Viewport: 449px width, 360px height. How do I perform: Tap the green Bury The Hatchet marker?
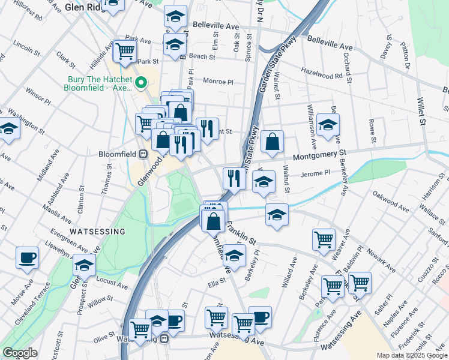pyautogui.click(x=141, y=83)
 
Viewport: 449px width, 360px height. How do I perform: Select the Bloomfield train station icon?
pyautogui.click(x=143, y=154)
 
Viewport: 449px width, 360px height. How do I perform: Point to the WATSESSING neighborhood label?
pyautogui.click(x=97, y=231)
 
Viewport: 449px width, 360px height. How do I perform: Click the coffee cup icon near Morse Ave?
pyautogui.click(x=27, y=258)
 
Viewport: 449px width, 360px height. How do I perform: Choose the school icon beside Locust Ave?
pyautogui.click(x=84, y=265)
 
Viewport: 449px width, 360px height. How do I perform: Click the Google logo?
pyautogui.click(x=19, y=353)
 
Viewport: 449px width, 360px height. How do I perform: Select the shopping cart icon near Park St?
pyautogui.click(x=125, y=52)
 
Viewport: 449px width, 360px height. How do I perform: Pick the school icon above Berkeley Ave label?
pyautogui.click(x=328, y=125)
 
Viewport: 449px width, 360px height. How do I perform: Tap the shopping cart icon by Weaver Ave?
pyautogui.click(x=324, y=239)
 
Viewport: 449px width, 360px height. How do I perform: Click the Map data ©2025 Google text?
pyautogui.click(x=411, y=355)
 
